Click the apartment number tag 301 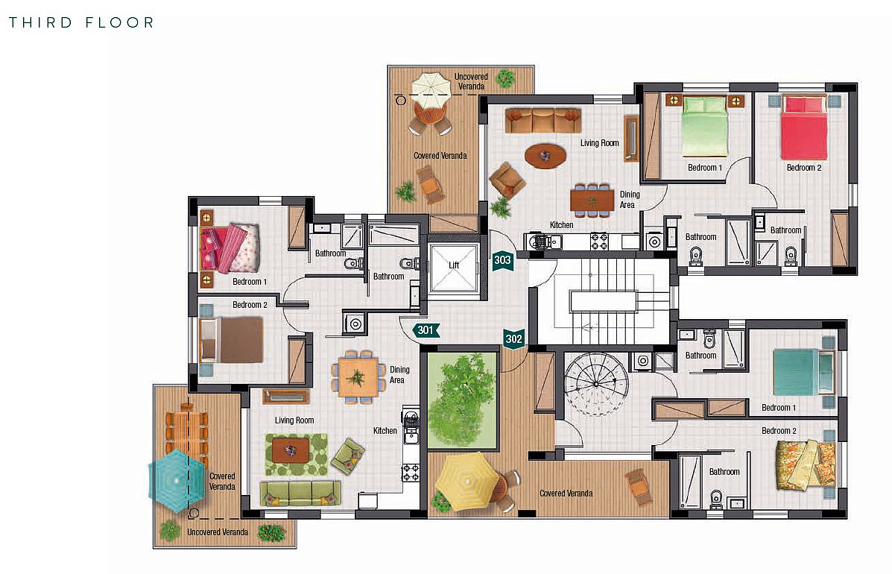(x=426, y=330)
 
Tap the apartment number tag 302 (x=513, y=339)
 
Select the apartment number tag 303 (x=502, y=261)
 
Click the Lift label (x=454, y=265)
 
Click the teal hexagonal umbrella (x=177, y=481)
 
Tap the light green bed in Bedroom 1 (x=704, y=127)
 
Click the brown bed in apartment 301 (x=232, y=340)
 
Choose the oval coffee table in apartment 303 (x=545, y=156)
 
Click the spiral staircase (x=595, y=384)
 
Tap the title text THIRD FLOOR (x=81, y=23)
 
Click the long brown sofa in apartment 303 (x=543, y=120)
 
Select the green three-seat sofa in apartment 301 (x=300, y=493)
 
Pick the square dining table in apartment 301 (x=358, y=376)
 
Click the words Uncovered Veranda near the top (x=471, y=81)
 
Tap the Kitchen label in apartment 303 (x=561, y=225)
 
